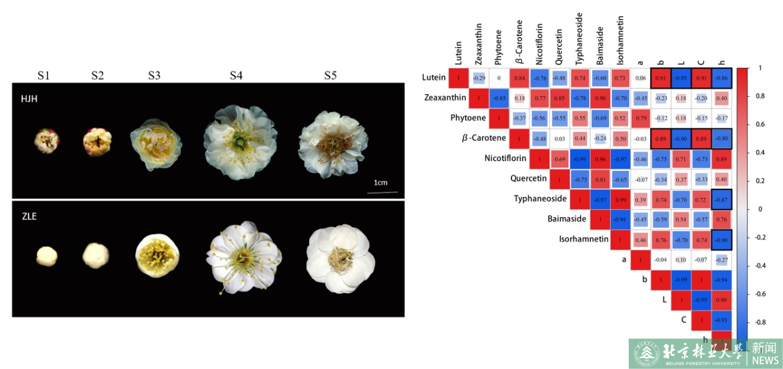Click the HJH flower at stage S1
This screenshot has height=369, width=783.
click(47, 141)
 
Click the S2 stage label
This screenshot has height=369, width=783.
click(97, 75)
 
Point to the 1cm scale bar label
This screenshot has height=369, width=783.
click(381, 183)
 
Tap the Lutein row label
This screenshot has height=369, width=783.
click(434, 78)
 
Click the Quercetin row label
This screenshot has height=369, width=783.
click(529, 178)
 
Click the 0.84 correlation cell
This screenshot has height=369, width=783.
click(519, 78)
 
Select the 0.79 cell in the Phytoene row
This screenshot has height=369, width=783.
click(640, 118)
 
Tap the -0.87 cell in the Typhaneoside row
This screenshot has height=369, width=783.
click(721, 199)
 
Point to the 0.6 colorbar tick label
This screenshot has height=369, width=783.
click(759, 125)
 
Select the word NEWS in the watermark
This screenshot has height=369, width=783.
click(765, 360)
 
